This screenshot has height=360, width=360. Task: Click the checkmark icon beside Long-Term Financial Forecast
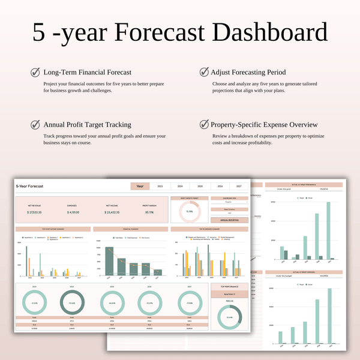35,73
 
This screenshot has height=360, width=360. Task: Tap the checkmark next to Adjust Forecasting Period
203,73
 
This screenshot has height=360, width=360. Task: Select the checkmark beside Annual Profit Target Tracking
35,125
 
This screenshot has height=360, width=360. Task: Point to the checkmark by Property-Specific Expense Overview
203,125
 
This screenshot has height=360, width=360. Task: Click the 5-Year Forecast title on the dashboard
30,187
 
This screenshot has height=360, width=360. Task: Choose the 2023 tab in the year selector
160,187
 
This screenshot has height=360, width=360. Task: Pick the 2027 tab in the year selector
239,187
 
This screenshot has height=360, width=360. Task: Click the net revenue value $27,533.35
35,212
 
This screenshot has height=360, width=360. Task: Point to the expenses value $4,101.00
72,212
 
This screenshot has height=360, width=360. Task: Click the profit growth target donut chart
188,211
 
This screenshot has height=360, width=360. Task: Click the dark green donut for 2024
72,303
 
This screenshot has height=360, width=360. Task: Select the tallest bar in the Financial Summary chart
109,261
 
